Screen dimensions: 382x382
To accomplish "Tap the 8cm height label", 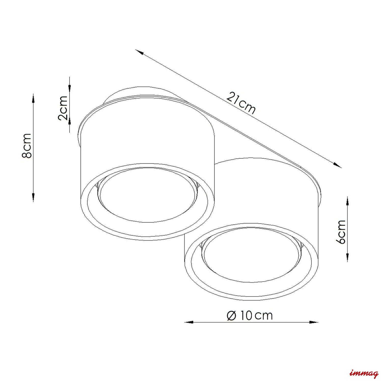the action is click(x=27, y=146).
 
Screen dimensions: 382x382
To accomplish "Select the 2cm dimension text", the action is click(x=63, y=108).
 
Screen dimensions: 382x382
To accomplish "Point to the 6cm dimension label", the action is click(x=341, y=232).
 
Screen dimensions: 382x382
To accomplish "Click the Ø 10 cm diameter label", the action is click(x=250, y=316).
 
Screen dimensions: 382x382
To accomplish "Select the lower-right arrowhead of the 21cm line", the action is click(x=337, y=165).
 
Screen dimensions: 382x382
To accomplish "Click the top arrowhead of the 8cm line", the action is click(x=33, y=98).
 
